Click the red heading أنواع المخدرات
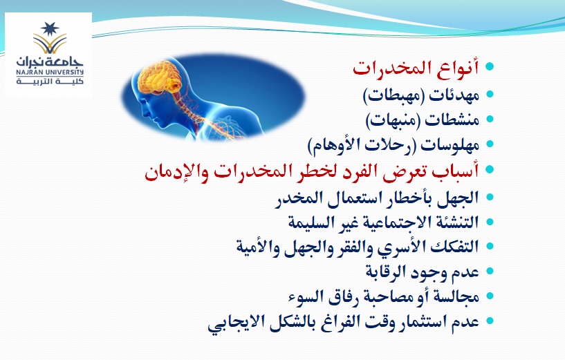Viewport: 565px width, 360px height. click(416, 67)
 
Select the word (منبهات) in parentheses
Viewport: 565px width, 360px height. click(393, 120)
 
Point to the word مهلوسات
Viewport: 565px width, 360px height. click(450, 144)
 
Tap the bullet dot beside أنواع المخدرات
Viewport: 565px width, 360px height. click(490, 66)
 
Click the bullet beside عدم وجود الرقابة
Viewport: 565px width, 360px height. click(490, 272)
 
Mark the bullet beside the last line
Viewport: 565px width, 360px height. click(490, 321)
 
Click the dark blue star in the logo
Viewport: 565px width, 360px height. click(49, 29)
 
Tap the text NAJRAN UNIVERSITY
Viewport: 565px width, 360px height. click(50, 72)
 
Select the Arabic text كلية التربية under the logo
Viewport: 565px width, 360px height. click(50, 81)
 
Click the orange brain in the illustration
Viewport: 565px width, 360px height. click(160, 77)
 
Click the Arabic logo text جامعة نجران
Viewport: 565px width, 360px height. click(50, 61)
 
